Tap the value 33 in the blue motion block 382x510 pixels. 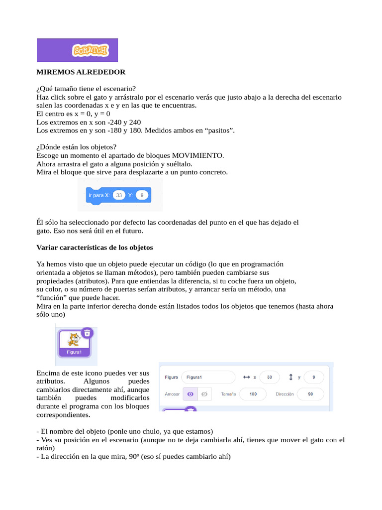point(119,196)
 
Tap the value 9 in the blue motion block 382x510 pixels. point(142,196)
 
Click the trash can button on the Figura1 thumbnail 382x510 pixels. point(87,333)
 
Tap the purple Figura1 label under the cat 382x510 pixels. point(74,352)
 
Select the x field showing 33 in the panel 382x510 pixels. point(269,378)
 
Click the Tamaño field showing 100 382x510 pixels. point(253,394)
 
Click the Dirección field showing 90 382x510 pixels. point(310,394)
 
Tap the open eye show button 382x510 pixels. point(190,394)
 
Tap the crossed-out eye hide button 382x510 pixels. point(204,394)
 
